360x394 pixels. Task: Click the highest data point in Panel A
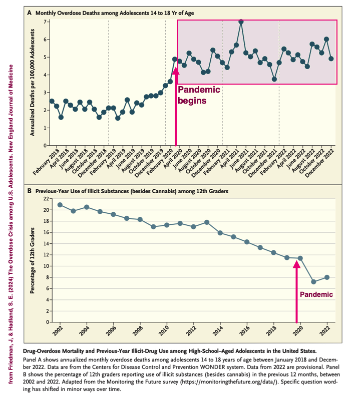coord(241,22)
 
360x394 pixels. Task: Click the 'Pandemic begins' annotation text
coord(199,95)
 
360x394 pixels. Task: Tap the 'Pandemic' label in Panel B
coord(316,294)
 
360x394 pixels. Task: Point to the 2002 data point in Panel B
coord(60,205)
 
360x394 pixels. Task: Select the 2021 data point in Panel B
coord(313,282)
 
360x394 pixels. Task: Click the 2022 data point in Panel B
coord(327,277)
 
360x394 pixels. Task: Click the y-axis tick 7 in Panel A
coord(45,22)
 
